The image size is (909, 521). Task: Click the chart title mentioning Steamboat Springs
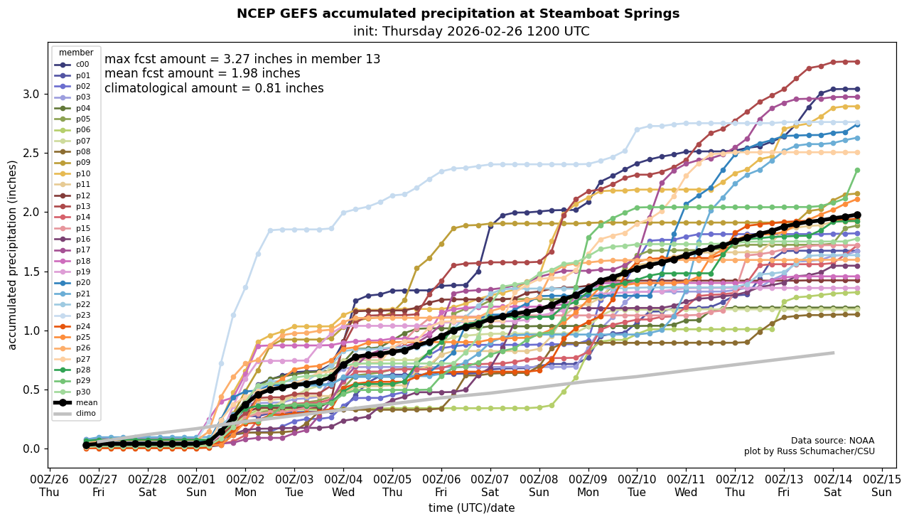coord(458,14)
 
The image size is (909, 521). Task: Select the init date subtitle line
coord(470,31)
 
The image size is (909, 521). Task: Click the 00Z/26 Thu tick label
coord(49,485)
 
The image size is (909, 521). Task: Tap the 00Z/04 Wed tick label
coord(343,485)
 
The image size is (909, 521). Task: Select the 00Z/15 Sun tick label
coord(882,485)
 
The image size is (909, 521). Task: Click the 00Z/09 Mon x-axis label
coord(588,485)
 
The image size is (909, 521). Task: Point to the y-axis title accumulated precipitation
coord(12,254)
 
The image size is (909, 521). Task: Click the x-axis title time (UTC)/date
coord(471,508)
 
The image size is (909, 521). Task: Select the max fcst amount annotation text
coord(242,59)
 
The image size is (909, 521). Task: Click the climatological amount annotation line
coord(214,88)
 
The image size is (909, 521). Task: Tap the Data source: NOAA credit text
coord(832,441)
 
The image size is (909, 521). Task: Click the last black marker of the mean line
coord(857,215)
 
